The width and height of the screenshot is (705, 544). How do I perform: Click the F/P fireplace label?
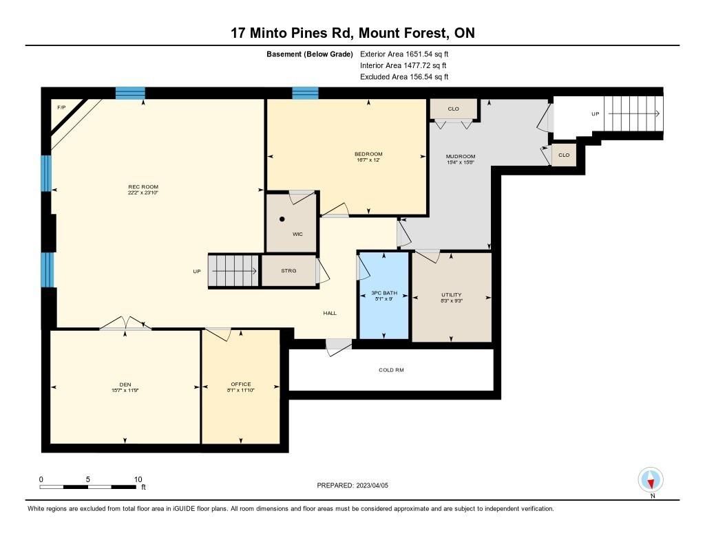pos(61,107)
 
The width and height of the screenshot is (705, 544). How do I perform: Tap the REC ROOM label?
pos(143,187)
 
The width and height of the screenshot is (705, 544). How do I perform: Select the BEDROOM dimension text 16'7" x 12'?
pos(368,160)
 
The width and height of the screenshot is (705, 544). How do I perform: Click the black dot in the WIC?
pos(282,219)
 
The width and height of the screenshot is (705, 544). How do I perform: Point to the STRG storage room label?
pos(288,271)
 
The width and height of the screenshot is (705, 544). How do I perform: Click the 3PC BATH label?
pos(384,293)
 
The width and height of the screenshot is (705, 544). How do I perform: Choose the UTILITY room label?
pos(452,295)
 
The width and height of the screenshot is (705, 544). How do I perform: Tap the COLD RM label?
pos(391,370)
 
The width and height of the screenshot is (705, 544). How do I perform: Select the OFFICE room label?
pos(241,384)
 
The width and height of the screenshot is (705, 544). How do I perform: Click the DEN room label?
pos(125,384)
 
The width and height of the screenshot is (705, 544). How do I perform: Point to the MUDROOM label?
pos(461,156)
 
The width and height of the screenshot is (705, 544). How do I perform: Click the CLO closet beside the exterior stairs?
pos(564,155)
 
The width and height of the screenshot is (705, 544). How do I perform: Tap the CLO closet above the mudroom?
pos(453,109)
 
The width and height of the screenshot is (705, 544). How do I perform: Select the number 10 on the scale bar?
pos(138,479)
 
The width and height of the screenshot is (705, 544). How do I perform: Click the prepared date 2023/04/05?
pos(372,486)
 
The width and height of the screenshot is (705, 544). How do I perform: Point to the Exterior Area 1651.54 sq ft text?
pos(404,54)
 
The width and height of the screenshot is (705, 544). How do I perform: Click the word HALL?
pos(330,313)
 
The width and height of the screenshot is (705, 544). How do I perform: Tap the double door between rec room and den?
pos(125,323)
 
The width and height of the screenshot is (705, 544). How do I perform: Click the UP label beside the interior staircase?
pos(197,272)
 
